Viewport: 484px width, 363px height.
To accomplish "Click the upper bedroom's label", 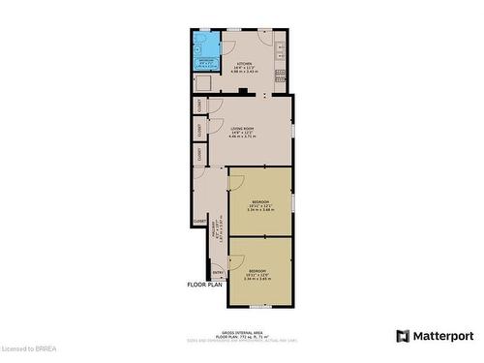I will [258, 201].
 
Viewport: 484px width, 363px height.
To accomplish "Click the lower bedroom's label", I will [258, 270].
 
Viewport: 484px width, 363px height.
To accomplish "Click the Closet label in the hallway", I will [199, 221].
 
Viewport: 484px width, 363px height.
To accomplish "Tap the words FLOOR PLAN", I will [204, 285].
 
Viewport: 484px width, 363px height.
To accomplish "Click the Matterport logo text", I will [441, 336].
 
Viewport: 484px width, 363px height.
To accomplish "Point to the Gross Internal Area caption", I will [241, 330].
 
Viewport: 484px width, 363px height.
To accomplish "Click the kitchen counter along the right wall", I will [281, 58].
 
